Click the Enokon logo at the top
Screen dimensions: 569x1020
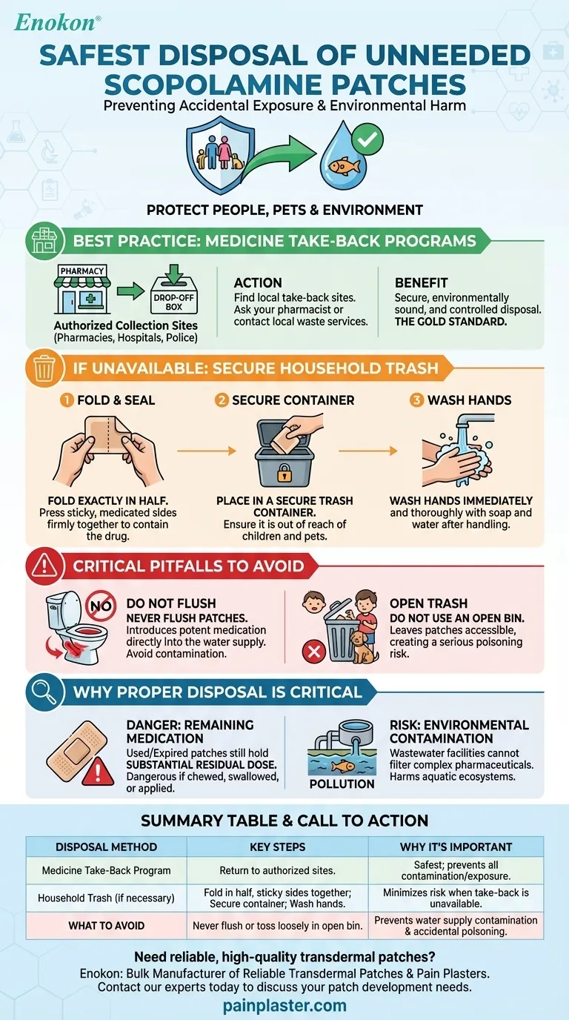(57, 23)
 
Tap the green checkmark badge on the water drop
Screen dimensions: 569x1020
(367, 139)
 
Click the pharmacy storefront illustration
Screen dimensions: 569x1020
(82, 289)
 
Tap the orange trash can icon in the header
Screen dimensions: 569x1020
(44, 368)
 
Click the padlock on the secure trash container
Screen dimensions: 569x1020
(284, 473)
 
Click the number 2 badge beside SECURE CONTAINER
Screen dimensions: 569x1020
(222, 400)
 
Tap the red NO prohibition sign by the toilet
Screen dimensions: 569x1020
(101, 606)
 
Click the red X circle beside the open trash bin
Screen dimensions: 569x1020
(314, 652)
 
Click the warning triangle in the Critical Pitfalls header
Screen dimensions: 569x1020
(44, 566)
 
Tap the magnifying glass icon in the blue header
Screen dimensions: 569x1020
(44, 692)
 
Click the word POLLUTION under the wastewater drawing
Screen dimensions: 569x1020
(342, 784)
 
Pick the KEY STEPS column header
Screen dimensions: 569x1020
(277, 847)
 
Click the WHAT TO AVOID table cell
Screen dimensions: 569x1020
(107, 925)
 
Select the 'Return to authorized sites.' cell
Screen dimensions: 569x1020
(277, 870)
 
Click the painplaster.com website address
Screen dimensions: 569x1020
(284, 1005)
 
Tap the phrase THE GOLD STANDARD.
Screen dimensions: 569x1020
(450, 322)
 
